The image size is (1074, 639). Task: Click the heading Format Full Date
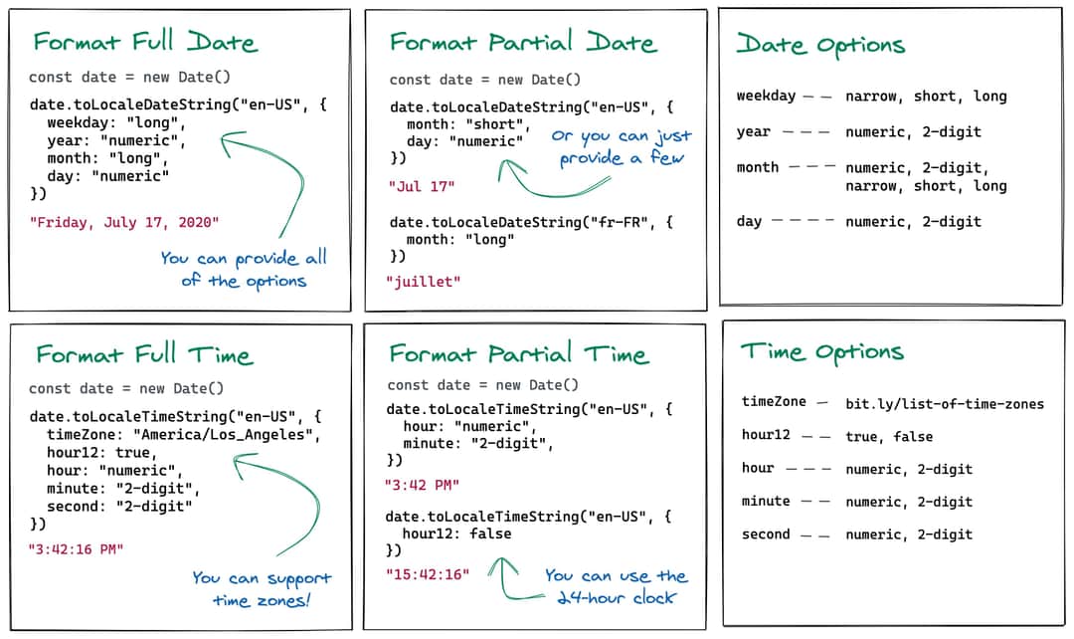[145, 42]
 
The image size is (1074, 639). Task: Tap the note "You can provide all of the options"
[244, 269]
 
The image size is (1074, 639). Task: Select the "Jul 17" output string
[415, 186]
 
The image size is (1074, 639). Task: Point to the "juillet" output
[424, 282]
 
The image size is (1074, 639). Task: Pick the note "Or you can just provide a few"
[621, 146]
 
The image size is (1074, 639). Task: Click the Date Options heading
[820, 45]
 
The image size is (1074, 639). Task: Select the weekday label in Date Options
[766, 97]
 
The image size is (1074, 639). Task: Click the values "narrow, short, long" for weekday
[912, 97]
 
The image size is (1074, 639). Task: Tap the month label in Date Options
[758, 167]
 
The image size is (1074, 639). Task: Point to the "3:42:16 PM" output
[76, 548]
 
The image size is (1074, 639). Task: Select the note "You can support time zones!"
[262, 588]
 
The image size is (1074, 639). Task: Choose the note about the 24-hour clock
[615, 586]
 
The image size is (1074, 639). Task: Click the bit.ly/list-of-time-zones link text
[945, 404]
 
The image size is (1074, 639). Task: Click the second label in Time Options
[766, 534]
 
